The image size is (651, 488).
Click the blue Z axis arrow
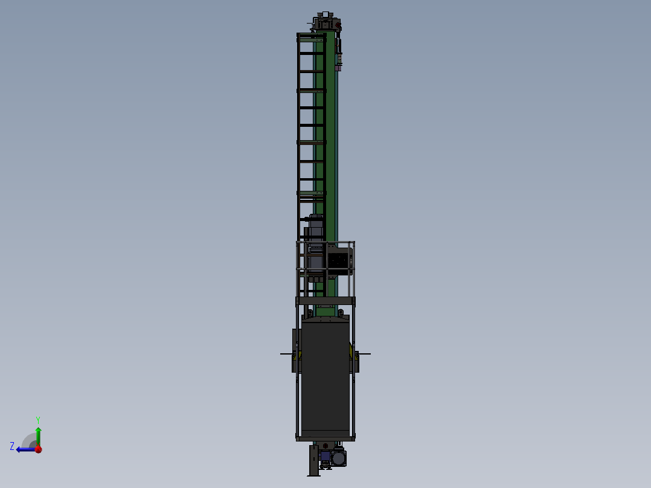click(24, 449)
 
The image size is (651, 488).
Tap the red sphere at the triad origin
click(38, 449)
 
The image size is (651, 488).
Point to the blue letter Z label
click(12, 446)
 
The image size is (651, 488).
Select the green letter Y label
click(38, 419)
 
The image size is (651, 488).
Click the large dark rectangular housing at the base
click(325, 377)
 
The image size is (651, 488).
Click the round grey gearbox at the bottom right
click(339, 458)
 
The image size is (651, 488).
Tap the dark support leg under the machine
click(313, 461)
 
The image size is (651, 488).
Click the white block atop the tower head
click(325, 14)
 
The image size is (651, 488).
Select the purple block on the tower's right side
click(338, 68)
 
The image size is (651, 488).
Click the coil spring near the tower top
click(339, 59)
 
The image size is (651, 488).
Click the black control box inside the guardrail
click(339, 261)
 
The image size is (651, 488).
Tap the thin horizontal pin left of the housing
click(286, 354)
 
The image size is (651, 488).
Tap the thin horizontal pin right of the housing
click(365, 354)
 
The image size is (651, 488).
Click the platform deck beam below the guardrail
click(325, 300)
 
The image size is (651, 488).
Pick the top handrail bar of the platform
click(325, 243)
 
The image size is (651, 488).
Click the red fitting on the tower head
click(337, 25)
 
